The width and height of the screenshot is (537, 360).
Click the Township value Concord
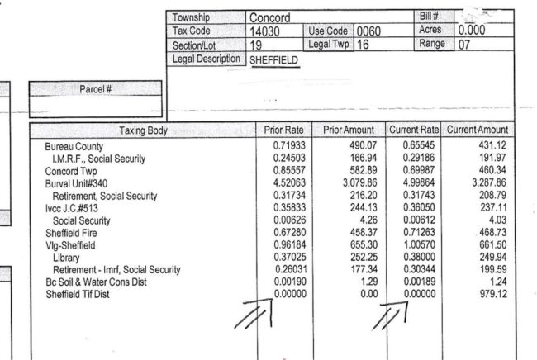[x=269, y=17]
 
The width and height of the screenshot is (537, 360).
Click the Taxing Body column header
[x=144, y=130]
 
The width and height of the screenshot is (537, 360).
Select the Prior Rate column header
[x=283, y=130]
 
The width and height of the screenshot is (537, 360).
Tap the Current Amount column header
[x=478, y=130]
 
